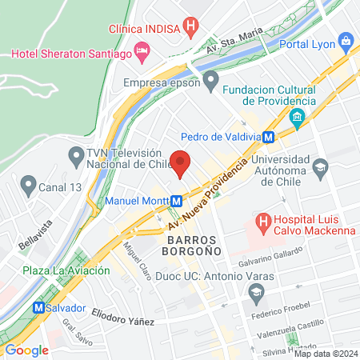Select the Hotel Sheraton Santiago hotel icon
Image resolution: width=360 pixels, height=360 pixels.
(142, 53)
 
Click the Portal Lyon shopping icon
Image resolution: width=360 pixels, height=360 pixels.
(346, 41)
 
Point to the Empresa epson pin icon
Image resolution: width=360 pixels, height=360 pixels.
(211, 80)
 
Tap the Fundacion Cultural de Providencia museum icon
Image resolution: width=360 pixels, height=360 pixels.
(298, 121)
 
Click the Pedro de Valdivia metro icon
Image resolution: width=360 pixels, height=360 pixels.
(270, 137)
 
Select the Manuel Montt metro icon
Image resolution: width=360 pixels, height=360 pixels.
(175, 200)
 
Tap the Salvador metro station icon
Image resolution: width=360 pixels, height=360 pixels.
(38, 307)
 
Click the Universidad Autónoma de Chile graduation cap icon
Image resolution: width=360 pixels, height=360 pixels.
(321, 168)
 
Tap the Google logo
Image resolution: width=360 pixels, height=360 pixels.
(26, 350)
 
